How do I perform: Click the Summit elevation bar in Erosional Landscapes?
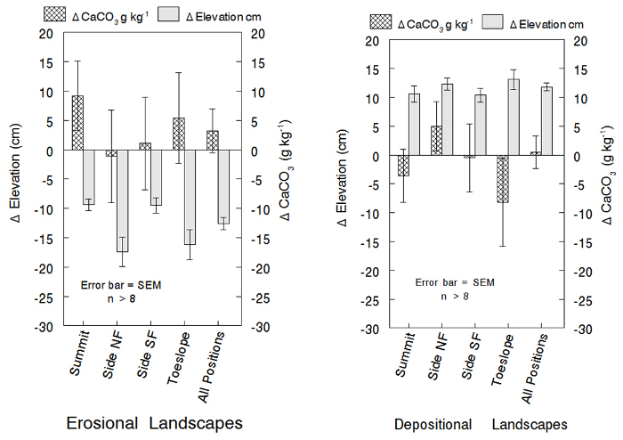[x=89, y=176]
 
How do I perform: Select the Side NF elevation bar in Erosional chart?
[x=122, y=200]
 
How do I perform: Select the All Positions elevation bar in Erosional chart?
[x=223, y=186]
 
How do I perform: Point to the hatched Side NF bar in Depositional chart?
[x=436, y=141]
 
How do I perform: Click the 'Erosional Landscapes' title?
[x=155, y=423]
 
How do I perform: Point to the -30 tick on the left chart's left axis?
[x=43, y=327]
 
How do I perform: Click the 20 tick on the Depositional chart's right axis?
[x=579, y=41]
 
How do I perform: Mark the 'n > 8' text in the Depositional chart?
[x=454, y=296]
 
